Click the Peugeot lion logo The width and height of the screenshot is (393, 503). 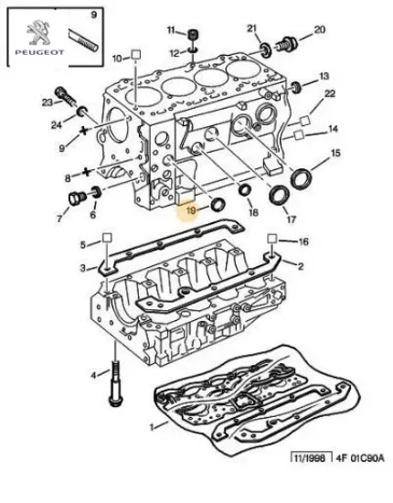click(x=38, y=33)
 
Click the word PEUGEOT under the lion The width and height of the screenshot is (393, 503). click(x=39, y=52)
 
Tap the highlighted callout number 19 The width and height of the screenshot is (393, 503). click(x=191, y=210)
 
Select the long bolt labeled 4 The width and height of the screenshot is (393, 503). click(x=115, y=384)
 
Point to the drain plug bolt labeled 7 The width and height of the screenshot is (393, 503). click(x=77, y=198)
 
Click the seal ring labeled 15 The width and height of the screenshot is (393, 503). click(x=302, y=178)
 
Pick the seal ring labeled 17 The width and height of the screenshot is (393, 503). click(x=280, y=196)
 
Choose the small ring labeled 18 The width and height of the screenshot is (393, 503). click(x=246, y=190)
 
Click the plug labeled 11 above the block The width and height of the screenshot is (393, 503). click(x=193, y=34)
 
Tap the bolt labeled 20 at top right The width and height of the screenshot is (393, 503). click(x=286, y=44)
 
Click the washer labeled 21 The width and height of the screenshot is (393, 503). click(x=266, y=50)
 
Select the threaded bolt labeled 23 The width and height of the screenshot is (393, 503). click(x=66, y=96)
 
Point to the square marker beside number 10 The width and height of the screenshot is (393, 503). click(x=136, y=54)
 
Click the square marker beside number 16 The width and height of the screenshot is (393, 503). click(x=272, y=239)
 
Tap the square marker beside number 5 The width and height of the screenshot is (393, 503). click(x=107, y=238)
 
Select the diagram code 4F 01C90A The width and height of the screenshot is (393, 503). click(x=359, y=458)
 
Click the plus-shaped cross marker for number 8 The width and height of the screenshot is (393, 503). click(x=86, y=172)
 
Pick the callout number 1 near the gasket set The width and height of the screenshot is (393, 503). click(x=153, y=427)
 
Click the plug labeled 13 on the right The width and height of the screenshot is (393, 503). click(x=295, y=87)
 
